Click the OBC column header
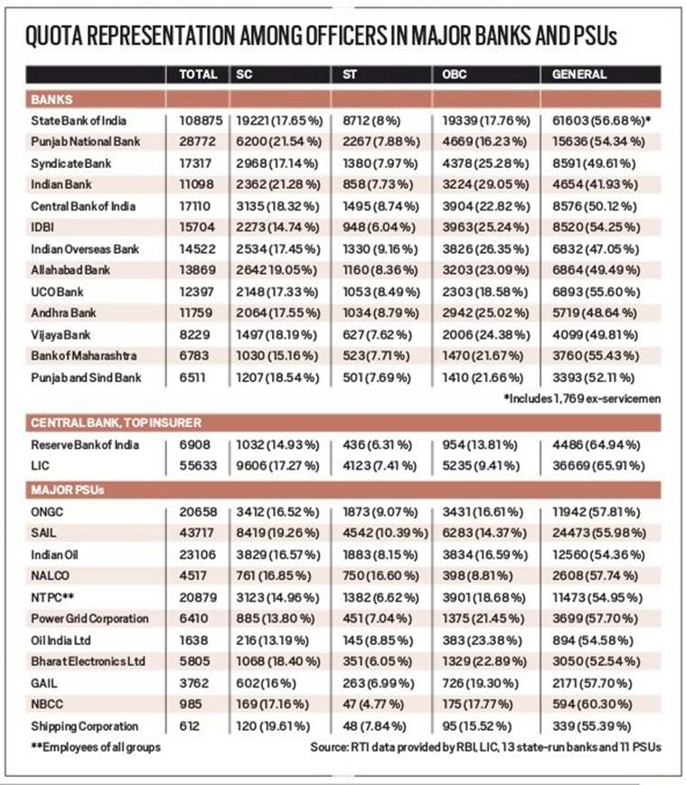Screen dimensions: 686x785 pyautogui.click(x=454, y=75)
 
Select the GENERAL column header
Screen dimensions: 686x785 pyautogui.click(x=579, y=75)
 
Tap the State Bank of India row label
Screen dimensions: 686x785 pyautogui.click(x=79, y=121)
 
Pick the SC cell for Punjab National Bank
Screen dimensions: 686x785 pyautogui.click(x=279, y=142)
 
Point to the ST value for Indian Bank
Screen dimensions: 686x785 pyautogui.click(x=378, y=185)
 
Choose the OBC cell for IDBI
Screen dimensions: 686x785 pyautogui.click(x=485, y=228)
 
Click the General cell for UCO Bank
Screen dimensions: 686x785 pyautogui.click(x=596, y=292)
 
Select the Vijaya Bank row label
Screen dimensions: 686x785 pyautogui.click(x=61, y=335)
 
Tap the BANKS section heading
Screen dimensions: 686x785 pyautogui.click(x=52, y=99)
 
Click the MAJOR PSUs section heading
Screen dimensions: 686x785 pyautogui.click(x=68, y=490)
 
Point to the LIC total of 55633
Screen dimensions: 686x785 pyautogui.click(x=198, y=465)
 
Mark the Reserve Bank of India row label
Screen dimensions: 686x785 pyautogui.click(x=85, y=444)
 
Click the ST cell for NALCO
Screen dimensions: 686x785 pyautogui.click(x=381, y=575)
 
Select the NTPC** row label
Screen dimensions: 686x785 pyautogui.click(x=52, y=597)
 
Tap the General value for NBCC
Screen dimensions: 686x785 pyautogui.click(x=592, y=704)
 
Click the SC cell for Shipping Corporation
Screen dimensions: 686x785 pyautogui.click(x=273, y=726)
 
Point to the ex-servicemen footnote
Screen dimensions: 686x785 pyautogui.click(x=582, y=398)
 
